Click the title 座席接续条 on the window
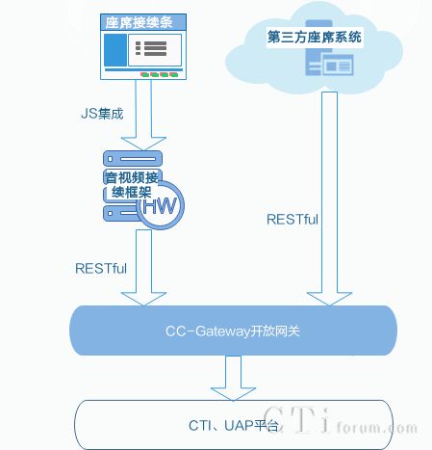coord(139,22)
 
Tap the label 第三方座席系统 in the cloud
coord(315,37)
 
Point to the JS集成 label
coord(102,114)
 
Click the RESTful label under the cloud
coord(292,220)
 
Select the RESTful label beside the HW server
coord(101,269)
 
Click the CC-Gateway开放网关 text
coord(233,331)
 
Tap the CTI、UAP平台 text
coord(234,426)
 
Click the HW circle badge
coord(161,205)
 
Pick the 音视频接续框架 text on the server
coord(132,185)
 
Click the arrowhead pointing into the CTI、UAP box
coord(233,394)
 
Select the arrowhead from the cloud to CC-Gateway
coord(329,299)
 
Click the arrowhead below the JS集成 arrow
coord(143,144)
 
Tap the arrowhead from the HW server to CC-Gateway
coord(143,299)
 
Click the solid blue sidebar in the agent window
coord(115,50)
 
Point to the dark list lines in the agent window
coord(151,48)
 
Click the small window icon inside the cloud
coord(338,65)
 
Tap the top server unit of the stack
coord(133,159)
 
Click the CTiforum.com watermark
coord(340,420)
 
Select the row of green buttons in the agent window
coord(159,75)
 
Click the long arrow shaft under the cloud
coord(329,192)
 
